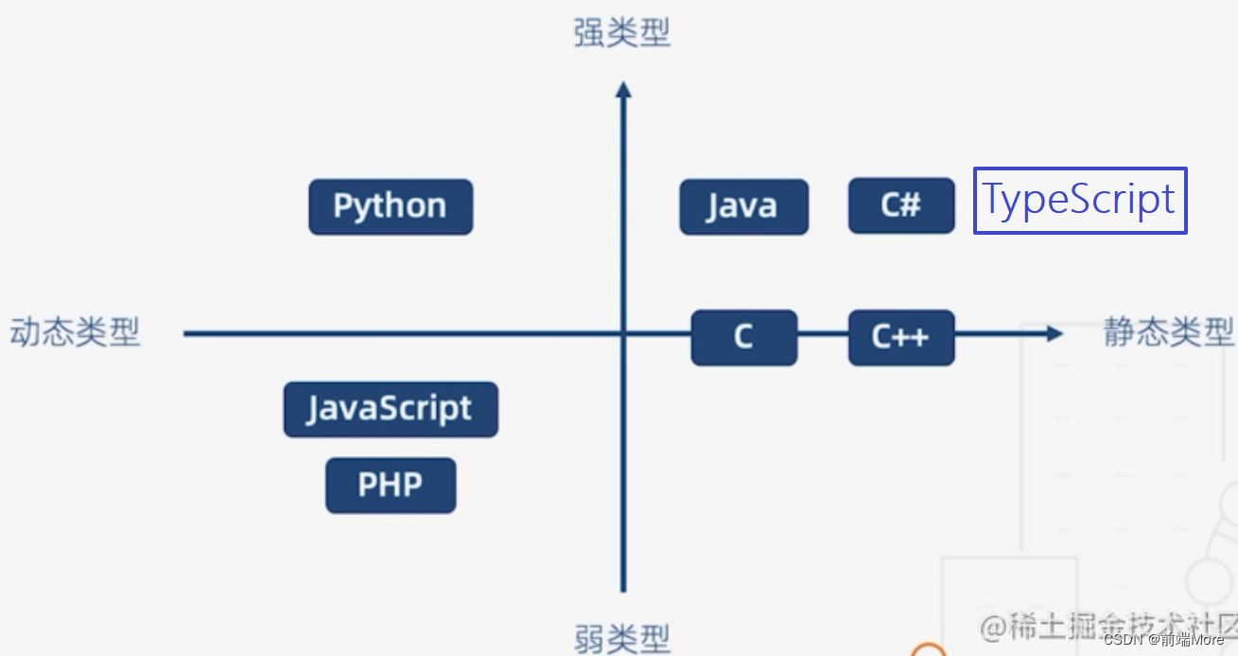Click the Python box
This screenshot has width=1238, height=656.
tap(391, 206)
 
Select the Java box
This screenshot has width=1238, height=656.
tap(743, 206)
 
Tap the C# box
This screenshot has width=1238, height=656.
tap(900, 205)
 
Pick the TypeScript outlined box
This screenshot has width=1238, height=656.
tap(1080, 200)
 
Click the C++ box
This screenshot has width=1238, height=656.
tap(900, 337)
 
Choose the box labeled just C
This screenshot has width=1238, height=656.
tap(743, 337)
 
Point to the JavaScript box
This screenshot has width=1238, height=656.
tap(390, 409)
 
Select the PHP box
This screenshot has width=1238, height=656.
tap(391, 486)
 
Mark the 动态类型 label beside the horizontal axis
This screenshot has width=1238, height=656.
tap(76, 332)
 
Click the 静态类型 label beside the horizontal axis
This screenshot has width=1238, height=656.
tap(1169, 332)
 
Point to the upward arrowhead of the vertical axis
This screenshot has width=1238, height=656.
tap(622, 90)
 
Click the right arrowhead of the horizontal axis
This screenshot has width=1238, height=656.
tap(1055, 333)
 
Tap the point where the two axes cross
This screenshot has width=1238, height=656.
tap(622, 333)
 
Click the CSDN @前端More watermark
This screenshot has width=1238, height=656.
tap(1163, 639)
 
